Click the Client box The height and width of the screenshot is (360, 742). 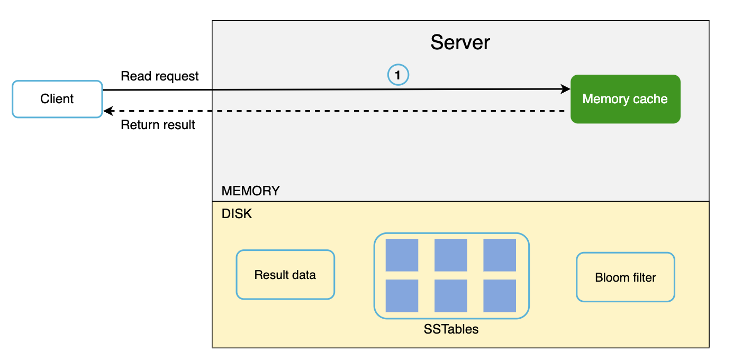point(57,99)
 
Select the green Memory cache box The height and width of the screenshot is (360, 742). point(625,99)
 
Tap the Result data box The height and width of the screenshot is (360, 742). point(285,275)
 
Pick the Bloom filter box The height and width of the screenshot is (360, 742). point(625,277)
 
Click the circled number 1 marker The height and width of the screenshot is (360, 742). point(399,76)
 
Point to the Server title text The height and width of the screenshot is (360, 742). point(460,42)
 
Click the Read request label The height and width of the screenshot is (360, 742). point(160,76)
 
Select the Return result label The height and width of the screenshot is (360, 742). point(158,125)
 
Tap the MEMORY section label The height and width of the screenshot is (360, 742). point(250,191)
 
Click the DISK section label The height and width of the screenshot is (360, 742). point(237,214)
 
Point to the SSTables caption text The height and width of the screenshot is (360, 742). point(451,329)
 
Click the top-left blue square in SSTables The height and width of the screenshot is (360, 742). point(402,255)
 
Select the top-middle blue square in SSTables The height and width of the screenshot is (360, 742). point(451,255)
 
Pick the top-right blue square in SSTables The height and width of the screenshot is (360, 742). point(500,255)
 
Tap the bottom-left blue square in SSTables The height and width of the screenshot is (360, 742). point(402,295)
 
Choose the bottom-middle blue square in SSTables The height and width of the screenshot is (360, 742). point(451,295)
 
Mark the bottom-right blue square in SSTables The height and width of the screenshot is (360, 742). point(500,295)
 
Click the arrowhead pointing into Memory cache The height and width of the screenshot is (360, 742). point(566,89)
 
